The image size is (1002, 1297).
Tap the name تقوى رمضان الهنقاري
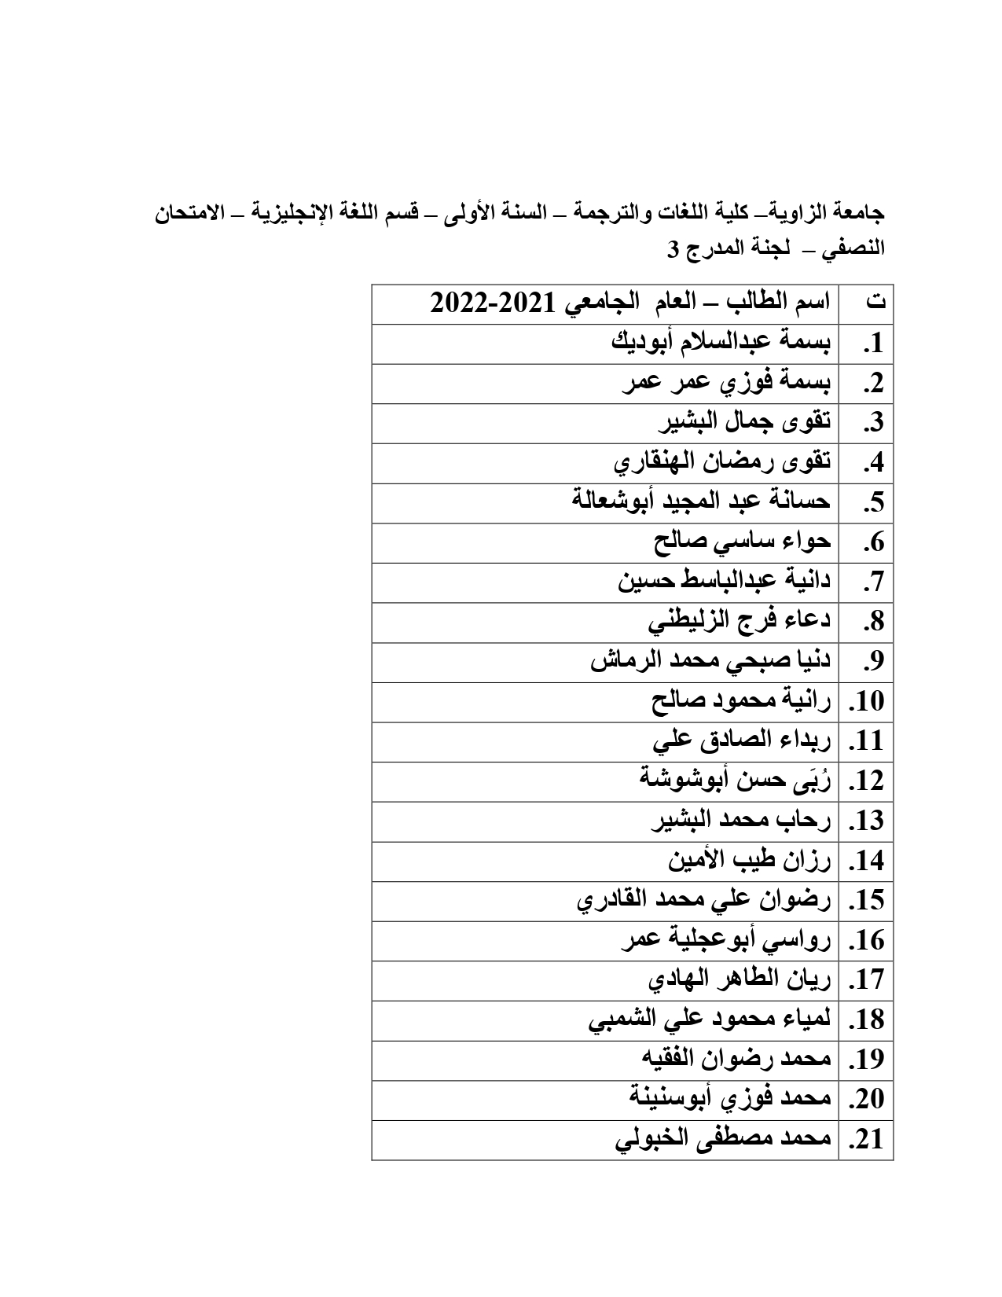pos(721,462)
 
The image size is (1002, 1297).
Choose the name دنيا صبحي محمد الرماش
pos(710,661)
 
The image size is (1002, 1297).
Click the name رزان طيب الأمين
pos(749,861)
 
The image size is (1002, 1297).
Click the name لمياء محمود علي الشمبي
pos(709,1020)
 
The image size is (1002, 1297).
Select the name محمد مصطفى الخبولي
pos(722,1140)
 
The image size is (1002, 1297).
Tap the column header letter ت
pos(874,303)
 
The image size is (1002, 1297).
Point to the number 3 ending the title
pos(673,250)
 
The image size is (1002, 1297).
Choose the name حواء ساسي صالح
pos(741,542)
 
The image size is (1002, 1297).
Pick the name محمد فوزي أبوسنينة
pos(730,1100)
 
